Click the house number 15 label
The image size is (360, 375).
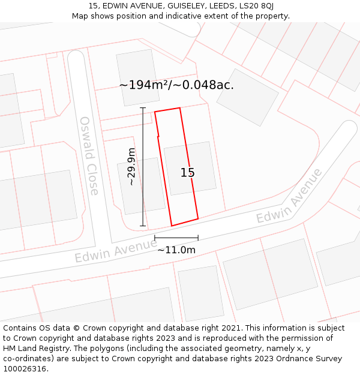(x=188, y=173)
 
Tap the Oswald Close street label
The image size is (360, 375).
(x=89, y=156)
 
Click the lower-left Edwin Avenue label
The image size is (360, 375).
(x=115, y=249)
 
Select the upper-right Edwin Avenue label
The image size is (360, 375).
(x=289, y=196)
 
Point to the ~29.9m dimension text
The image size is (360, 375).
(x=131, y=167)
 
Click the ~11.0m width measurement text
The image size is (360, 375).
(x=176, y=250)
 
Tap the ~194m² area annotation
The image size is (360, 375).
(x=176, y=85)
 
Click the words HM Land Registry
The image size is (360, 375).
(x=32, y=348)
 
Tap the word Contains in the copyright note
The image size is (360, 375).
(x=20, y=328)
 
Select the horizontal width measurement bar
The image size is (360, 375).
(x=176, y=238)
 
